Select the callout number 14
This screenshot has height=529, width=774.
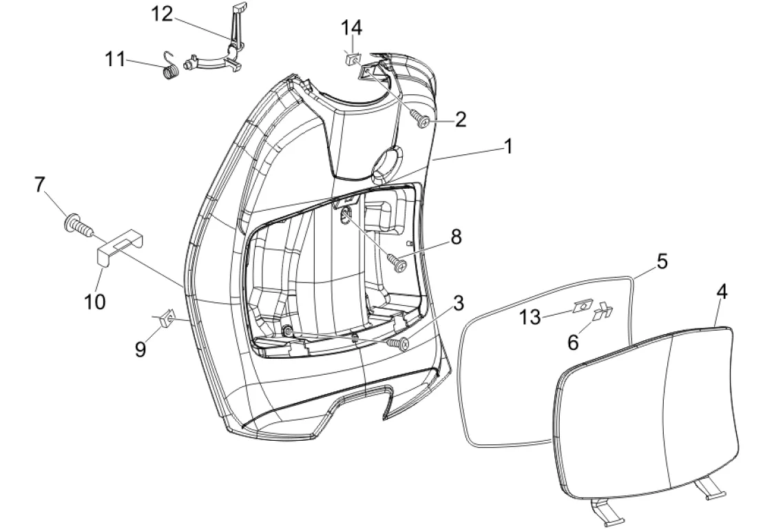click(351, 28)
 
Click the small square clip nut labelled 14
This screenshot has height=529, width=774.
click(351, 59)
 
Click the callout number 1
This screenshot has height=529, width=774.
click(508, 146)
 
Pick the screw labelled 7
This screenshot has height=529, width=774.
click(76, 223)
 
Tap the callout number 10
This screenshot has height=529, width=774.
click(95, 300)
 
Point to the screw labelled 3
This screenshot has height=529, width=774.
click(400, 342)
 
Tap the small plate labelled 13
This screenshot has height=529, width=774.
click(584, 306)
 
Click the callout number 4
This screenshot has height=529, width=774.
click(721, 291)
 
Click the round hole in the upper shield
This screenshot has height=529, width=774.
click(385, 162)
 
